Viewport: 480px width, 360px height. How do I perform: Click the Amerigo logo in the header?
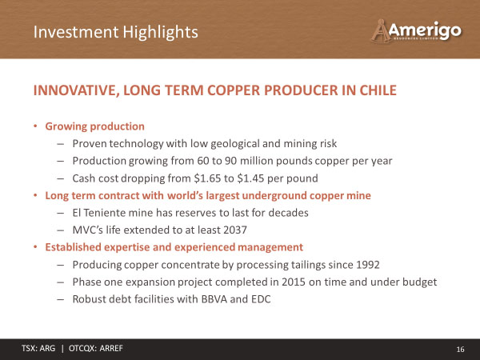[x=416, y=30]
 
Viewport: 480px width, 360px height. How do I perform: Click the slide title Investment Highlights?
[x=116, y=32]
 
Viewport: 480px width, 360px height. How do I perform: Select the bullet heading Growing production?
[x=95, y=126]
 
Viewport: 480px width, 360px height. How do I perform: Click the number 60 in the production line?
[x=203, y=161]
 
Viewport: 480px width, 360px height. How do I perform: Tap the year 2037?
[x=234, y=230]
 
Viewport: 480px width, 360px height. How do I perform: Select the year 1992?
[x=368, y=265]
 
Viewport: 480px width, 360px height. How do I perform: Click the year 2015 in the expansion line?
[x=294, y=282]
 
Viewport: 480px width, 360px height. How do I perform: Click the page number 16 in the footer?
[x=461, y=350]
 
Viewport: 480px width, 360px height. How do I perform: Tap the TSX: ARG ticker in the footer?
[x=38, y=348]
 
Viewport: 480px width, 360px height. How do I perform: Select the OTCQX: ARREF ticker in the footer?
[x=96, y=348]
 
